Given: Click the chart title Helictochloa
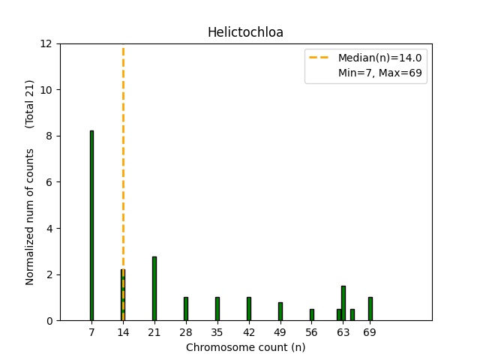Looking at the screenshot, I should tap(245, 32).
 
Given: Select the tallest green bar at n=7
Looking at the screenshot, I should tap(91, 225).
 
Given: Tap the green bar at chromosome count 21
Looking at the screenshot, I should tap(154, 289).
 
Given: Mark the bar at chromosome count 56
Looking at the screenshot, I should tap(312, 315).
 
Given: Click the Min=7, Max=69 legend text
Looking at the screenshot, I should tap(382, 74).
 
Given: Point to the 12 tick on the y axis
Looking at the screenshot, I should tap(46, 43).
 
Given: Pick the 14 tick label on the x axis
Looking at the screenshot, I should tap(123, 332).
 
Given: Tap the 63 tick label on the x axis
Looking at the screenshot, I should tap(343, 332).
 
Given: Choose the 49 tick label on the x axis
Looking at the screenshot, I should tap(280, 332).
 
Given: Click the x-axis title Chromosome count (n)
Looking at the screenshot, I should tap(245, 347).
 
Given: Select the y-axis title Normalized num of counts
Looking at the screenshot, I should tap(31, 216).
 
